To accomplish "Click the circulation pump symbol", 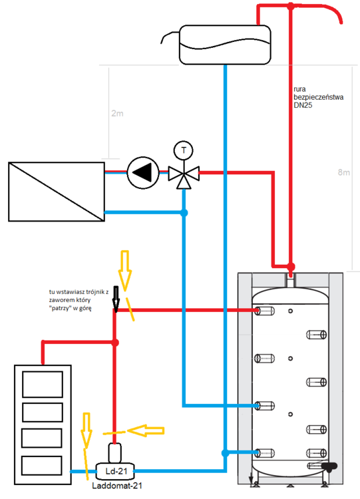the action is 143,173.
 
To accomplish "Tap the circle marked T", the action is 184,150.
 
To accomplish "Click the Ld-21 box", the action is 115,471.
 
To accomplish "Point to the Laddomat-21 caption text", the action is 117,486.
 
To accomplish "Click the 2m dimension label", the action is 118,113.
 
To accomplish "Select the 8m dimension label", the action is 344,172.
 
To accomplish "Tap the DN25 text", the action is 303,105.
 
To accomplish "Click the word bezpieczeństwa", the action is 318,97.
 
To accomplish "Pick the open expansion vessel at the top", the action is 225,45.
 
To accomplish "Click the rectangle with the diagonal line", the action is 57,192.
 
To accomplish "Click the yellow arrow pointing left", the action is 146,431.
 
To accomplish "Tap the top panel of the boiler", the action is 43,385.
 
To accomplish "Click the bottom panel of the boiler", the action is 42,466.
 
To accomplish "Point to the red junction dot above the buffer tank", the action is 291,266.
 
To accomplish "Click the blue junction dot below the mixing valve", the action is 184,213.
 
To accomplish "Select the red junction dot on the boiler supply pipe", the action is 115,343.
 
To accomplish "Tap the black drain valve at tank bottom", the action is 329,466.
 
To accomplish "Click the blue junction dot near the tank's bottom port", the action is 225,453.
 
